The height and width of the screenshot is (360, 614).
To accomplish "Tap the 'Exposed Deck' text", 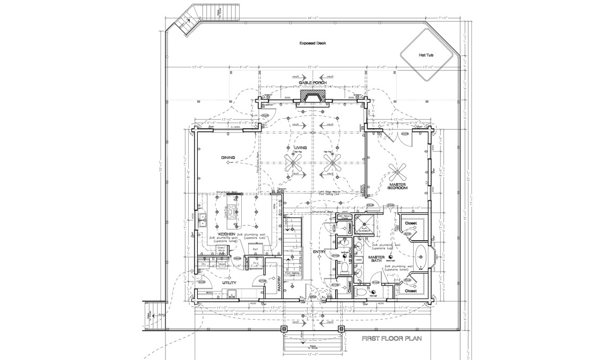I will [312, 43].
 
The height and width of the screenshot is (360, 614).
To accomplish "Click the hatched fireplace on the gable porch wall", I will [312, 97].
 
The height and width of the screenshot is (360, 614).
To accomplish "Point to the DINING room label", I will [229, 157].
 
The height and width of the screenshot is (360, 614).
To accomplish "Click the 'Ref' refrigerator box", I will [255, 249].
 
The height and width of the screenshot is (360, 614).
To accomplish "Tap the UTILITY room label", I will [229, 284].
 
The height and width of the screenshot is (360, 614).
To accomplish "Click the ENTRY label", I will [319, 251].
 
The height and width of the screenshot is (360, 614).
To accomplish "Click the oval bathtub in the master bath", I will [420, 257].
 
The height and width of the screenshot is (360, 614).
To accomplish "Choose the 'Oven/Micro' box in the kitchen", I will [223, 250].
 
